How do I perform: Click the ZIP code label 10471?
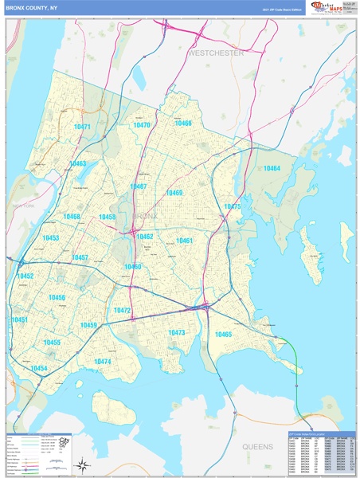click(x=81, y=127)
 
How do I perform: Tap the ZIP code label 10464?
click(x=272, y=168)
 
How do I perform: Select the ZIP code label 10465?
click(x=223, y=335)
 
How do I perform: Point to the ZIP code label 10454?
click(x=39, y=369)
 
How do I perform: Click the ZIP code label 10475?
click(x=232, y=206)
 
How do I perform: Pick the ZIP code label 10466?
click(x=183, y=123)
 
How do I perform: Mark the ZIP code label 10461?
click(x=185, y=241)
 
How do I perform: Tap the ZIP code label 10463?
click(x=77, y=163)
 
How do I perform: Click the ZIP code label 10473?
click(x=177, y=333)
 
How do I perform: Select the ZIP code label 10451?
click(x=20, y=319)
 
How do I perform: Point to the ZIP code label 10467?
click(x=138, y=187)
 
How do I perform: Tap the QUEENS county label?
click(x=257, y=447)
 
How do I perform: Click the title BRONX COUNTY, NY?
click(x=32, y=9)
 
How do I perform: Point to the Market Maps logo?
click(x=326, y=9)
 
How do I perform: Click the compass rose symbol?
click(x=82, y=464)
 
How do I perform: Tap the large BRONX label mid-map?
click(x=145, y=216)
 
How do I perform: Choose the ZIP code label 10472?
click(x=122, y=311)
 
